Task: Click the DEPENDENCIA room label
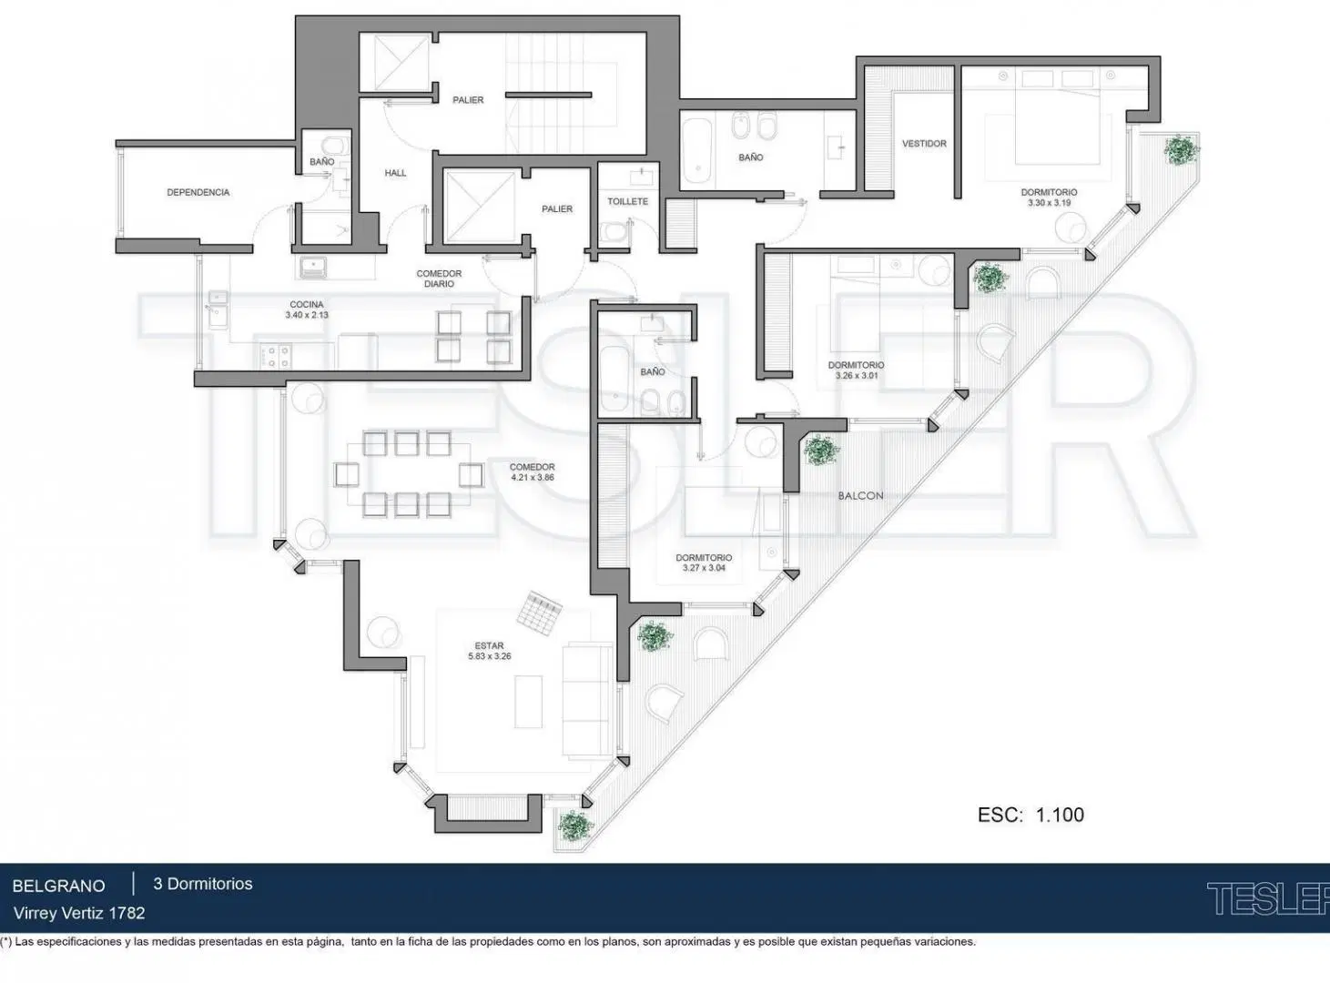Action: [198, 193]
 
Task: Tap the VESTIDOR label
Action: [924, 144]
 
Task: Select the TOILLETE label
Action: [627, 201]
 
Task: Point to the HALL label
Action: [395, 173]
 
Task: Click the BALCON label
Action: [860, 496]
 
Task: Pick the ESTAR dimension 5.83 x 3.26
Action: [490, 657]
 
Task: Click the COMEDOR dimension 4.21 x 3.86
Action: [532, 478]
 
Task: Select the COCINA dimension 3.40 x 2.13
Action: [307, 315]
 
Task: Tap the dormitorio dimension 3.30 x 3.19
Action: [1049, 203]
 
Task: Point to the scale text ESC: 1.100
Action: [1030, 815]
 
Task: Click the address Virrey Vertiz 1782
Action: [79, 914]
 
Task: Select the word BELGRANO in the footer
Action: [59, 886]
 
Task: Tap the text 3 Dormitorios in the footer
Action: [203, 884]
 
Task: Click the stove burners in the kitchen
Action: [276, 356]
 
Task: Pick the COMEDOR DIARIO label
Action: [439, 279]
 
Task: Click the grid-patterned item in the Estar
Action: [541, 613]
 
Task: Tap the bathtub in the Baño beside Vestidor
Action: [697, 150]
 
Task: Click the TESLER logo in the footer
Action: [1267, 898]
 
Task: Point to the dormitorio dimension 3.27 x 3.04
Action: [704, 568]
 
